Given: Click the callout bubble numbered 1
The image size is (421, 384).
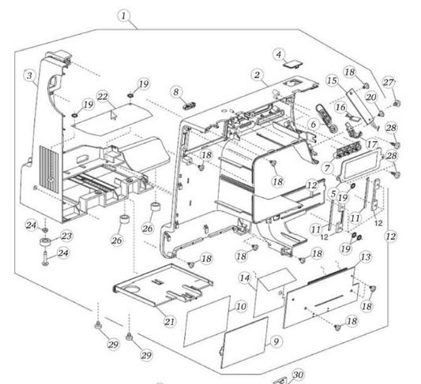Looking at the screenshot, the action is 123,16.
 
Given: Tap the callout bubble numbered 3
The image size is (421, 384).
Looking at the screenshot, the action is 29,75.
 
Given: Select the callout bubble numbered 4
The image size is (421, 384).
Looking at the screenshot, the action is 279,54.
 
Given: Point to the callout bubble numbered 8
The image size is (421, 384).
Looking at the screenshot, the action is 176,92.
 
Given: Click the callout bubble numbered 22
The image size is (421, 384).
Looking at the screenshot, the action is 103,97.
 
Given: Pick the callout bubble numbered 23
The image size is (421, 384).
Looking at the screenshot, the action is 66,236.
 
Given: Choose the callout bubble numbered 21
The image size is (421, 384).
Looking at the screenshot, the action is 169,321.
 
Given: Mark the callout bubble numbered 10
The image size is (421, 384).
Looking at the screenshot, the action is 241,306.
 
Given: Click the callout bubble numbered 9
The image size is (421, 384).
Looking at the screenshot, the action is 276,341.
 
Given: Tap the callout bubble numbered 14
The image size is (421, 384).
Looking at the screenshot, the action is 245,278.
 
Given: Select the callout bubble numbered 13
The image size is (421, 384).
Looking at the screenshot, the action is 366,257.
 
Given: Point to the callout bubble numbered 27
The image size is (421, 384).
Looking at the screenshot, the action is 389,82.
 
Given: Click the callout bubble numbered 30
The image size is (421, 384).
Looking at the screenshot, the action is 298,375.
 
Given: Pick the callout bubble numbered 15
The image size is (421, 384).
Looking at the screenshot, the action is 333,80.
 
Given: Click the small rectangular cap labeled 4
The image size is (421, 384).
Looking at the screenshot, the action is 293,65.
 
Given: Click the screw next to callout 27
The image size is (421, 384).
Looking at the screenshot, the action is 397,103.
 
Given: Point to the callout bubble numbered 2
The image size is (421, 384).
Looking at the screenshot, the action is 257,75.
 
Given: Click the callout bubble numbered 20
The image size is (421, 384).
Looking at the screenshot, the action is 371,97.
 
